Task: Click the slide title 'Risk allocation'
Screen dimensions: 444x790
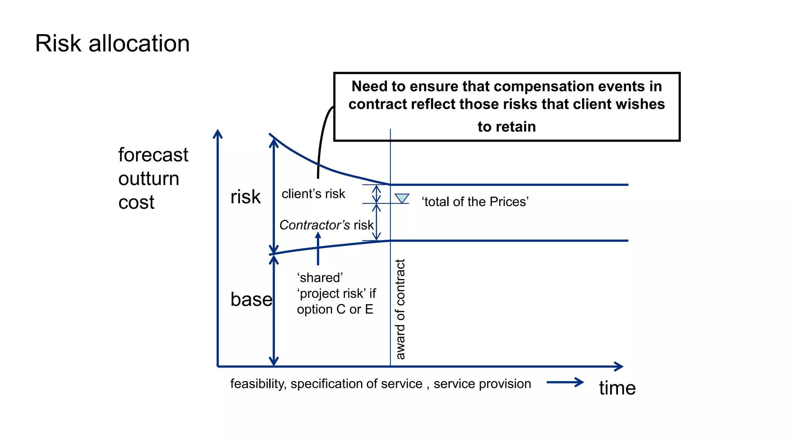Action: pyautogui.click(x=112, y=43)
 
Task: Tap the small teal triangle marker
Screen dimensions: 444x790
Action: pyautogui.click(x=402, y=198)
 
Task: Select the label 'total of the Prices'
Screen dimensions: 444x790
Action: pyautogui.click(x=475, y=202)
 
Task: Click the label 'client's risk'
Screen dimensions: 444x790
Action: pyautogui.click(x=313, y=194)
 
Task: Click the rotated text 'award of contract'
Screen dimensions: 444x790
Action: pyautogui.click(x=400, y=309)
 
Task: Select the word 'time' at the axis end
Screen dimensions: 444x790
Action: pyautogui.click(x=617, y=388)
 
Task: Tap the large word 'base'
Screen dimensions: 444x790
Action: pyautogui.click(x=251, y=299)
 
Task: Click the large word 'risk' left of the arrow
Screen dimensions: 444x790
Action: pyautogui.click(x=245, y=197)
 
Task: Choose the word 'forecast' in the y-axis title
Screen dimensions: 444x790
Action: pyautogui.click(x=153, y=155)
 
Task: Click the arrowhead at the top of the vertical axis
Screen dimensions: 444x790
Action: pyautogui.click(x=218, y=134)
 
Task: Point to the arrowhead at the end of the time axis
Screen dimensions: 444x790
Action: pyautogui.click(x=619, y=367)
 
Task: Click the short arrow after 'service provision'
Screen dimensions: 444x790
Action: pyautogui.click(x=565, y=382)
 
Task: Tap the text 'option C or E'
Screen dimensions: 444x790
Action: pyautogui.click(x=335, y=309)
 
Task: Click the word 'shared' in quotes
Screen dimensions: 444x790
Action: pyautogui.click(x=320, y=278)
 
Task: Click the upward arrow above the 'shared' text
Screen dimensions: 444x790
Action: pyautogui.click(x=318, y=248)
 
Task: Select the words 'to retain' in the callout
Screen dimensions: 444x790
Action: pyautogui.click(x=506, y=127)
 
